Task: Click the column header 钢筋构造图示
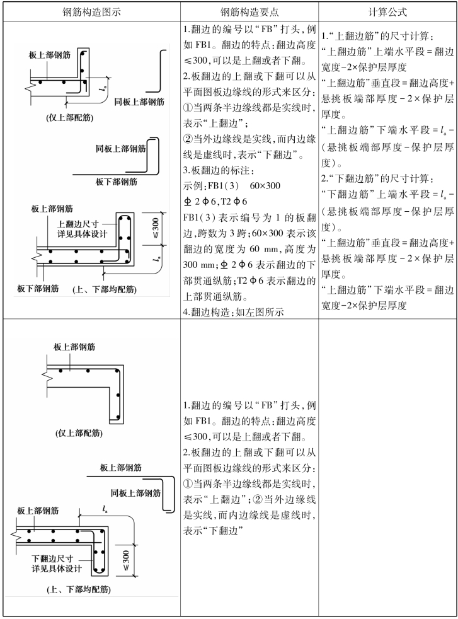pos(91,12)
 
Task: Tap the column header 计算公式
pos(387,12)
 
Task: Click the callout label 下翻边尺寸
pos(54,541)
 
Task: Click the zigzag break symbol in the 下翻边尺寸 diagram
pos(16,533)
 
